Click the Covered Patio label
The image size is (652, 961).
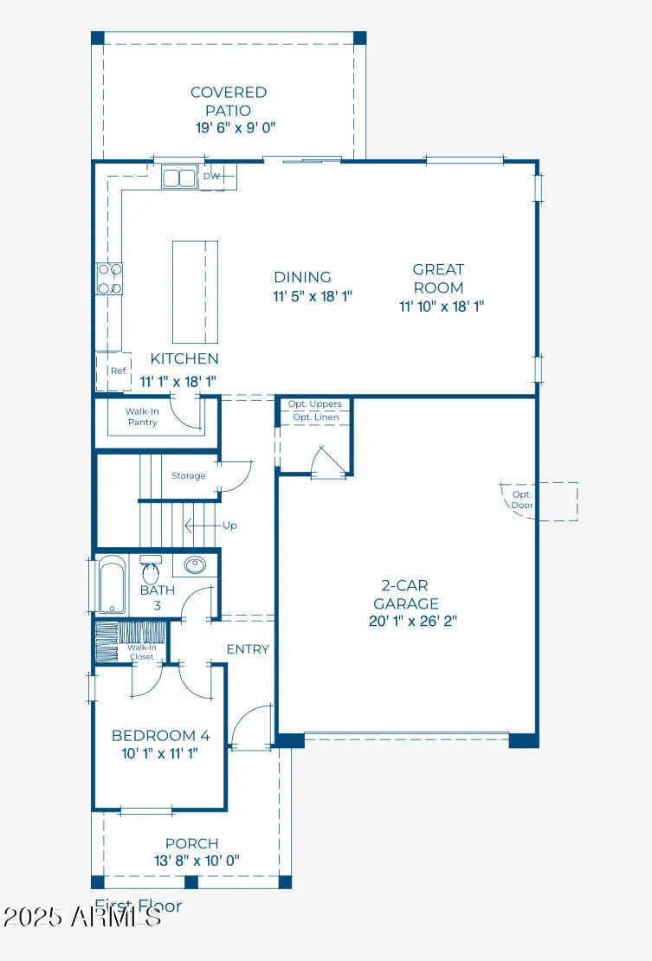229,101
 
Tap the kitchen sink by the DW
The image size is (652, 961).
180,177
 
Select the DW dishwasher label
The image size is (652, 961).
212,177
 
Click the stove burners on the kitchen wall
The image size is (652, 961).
108,278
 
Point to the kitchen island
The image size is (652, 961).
195,292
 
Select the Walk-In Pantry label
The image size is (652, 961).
142,417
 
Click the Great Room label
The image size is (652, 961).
438,278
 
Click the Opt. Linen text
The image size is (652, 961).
316,417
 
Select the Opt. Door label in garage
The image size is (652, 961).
522,499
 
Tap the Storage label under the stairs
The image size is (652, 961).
188,475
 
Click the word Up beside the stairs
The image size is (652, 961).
229,526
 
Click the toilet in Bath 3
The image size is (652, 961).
151,571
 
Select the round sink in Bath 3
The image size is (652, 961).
195,565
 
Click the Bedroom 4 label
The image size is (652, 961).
160,735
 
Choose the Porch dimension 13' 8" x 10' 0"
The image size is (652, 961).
191,861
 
